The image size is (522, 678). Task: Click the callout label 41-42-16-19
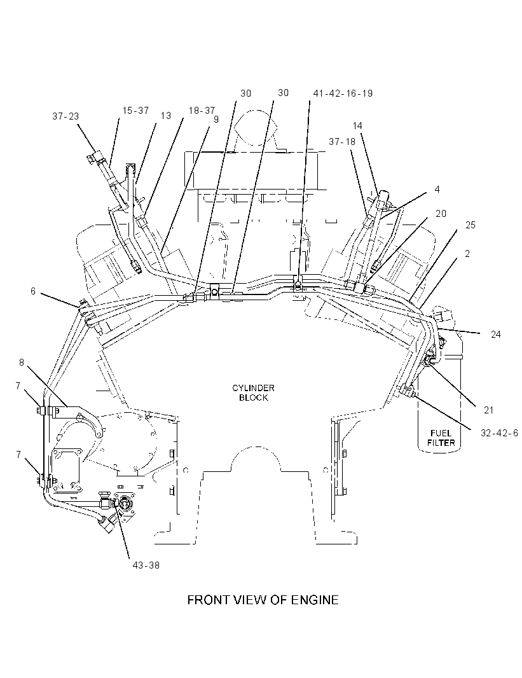click(343, 93)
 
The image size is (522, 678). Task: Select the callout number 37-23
click(65, 116)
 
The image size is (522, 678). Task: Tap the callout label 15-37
click(135, 111)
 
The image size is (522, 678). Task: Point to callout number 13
click(166, 116)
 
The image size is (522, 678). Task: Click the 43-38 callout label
click(146, 565)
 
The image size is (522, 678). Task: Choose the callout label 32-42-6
click(499, 433)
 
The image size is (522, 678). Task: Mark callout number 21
click(489, 410)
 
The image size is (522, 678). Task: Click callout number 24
click(496, 335)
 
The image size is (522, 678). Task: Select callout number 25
click(470, 225)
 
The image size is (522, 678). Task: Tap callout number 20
click(441, 214)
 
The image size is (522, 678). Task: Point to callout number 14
click(357, 126)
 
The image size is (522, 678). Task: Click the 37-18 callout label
click(342, 142)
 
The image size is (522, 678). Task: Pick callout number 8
click(22, 363)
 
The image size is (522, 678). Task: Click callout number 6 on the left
click(33, 291)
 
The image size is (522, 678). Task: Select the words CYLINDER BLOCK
click(253, 392)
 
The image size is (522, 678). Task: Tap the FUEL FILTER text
click(441, 438)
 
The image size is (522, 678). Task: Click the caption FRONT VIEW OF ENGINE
click(263, 600)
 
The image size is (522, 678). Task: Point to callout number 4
click(437, 190)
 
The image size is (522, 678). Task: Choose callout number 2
click(467, 254)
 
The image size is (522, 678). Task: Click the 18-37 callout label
click(202, 111)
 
